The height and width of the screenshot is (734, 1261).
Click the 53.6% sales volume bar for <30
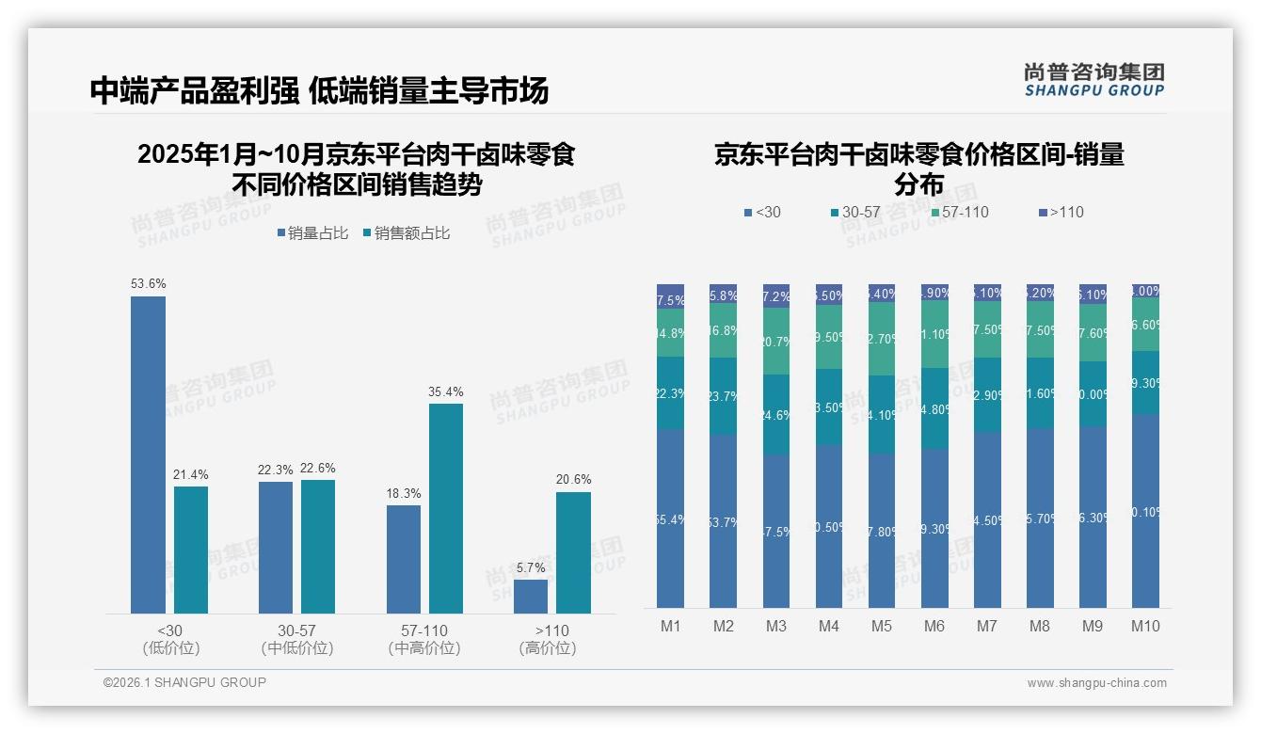(148, 455)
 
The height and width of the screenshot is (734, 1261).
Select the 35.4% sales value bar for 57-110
(446, 508)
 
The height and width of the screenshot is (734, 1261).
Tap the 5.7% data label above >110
(531, 567)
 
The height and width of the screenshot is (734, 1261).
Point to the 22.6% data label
(318, 468)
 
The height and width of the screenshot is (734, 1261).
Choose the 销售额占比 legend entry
(406, 233)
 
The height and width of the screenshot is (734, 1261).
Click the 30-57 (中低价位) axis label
(297, 639)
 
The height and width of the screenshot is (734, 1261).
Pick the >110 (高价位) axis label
(547, 639)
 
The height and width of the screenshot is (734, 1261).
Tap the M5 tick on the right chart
(881, 626)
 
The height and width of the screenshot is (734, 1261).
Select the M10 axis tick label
(1145, 626)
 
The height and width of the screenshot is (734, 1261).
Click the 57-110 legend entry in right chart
(959, 212)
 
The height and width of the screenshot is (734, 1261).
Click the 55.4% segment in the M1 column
(670, 519)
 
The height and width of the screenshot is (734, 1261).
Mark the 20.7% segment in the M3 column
(775, 342)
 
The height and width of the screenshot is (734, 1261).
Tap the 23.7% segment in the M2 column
(723, 396)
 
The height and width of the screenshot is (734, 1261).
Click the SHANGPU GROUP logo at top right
(1093, 79)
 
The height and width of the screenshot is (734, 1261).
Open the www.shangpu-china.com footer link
(1096, 683)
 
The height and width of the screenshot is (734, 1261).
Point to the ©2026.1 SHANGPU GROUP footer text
(184, 682)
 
